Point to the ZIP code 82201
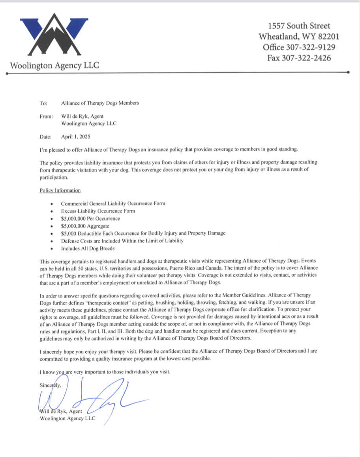[326, 37]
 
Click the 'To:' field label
[43, 103]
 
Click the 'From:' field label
[46, 117]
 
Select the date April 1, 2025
[76, 137]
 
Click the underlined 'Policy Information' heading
[60, 190]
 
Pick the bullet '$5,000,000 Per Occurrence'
[91, 218]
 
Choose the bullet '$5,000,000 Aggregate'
[85, 226]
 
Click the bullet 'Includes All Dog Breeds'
[88, 248]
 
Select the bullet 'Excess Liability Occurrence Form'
[98, 211]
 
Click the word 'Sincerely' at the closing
[51, 385]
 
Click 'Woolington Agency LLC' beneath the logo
[54, 65]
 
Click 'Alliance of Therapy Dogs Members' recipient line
[100, 103]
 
